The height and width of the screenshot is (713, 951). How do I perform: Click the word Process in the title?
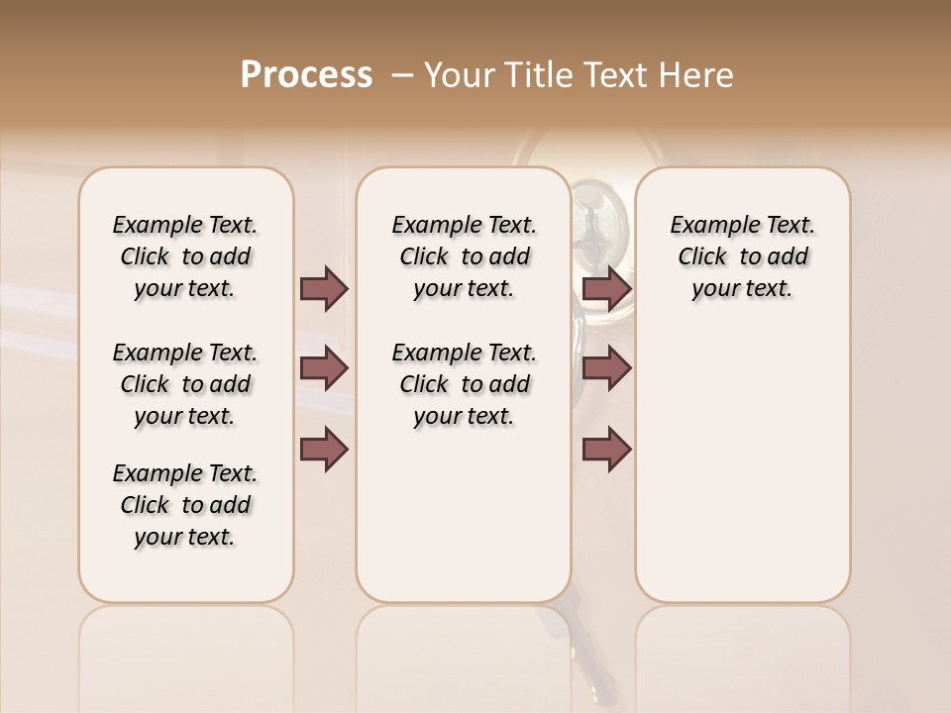click(x=306, y=74)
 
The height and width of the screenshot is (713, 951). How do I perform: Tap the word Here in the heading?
click(x=699, y=75)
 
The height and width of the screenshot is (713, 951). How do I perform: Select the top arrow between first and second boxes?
click(x=324, y=288)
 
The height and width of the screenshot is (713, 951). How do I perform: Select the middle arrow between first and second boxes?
click(x=324, y=368)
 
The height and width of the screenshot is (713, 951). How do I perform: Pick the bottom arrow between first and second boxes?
click(x=324, y=449)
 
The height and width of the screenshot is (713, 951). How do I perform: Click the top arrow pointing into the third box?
click(x=606, y=288)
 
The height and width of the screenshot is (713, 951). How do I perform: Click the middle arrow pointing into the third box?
click(x=606, y=368)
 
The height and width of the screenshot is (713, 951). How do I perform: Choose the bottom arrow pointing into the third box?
click(x=606, y=449)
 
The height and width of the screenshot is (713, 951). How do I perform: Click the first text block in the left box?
click(x=185, y=256)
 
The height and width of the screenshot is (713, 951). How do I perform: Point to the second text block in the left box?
click(x=185, y=384)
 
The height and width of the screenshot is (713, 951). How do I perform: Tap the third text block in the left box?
click(x=185, y=505)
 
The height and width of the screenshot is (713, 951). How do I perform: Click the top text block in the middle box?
click(x=464, y=256)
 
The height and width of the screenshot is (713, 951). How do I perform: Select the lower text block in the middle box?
click(x=464, y=384)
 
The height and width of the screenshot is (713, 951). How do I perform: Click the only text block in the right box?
click(x=742, y=256)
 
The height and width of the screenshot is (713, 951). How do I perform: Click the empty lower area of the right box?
click(x=742, y=465)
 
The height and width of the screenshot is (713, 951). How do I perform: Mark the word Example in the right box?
click(x=707, y=226)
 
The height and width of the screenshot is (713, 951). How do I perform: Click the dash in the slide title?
click(x=402, y=75)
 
